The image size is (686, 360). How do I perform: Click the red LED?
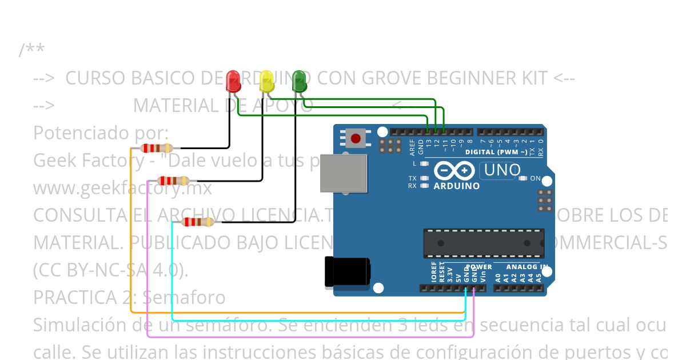[233, 82]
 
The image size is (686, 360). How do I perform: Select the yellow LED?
[266, 82]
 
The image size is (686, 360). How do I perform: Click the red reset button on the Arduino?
[356, 138]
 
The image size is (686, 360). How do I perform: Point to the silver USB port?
[342, 173]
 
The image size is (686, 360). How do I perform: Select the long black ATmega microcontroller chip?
[484, 243]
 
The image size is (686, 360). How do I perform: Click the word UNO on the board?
[502, 170]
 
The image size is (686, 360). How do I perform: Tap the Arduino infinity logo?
[454, 170]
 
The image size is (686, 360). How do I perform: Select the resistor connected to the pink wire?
[173, 181]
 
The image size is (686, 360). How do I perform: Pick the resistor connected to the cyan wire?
[197, 222]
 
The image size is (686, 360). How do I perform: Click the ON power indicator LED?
[523, 178]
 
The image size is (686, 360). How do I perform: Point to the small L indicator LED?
[424, 164]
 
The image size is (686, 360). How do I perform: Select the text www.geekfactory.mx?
[122, 187]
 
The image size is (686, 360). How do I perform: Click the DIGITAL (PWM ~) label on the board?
[496, 152]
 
